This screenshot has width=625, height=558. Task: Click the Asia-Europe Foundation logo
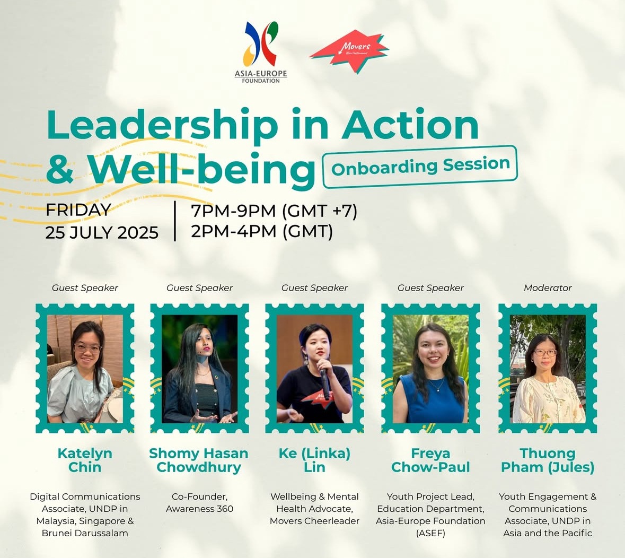pos(261,52)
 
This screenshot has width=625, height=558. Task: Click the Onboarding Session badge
pos(420,167)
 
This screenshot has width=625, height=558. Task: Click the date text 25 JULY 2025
pos(102,232)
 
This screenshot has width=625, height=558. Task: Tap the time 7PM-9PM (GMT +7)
pos(274,211)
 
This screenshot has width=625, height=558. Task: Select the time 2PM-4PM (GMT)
pos(262,231)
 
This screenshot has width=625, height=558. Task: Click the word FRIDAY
pos(78,210)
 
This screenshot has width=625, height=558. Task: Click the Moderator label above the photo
pos(548,287)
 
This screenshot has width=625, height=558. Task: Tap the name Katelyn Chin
pos(85,460)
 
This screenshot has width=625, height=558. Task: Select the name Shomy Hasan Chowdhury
pos(199,460)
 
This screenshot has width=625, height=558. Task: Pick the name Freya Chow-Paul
pos(430,460)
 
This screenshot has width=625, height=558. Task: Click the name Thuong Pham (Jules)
pos(548,460)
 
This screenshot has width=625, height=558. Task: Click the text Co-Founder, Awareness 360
pos(199,502)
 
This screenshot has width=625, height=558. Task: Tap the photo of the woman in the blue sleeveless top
pos(430,369)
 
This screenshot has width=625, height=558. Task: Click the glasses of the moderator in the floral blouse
pos(545,353)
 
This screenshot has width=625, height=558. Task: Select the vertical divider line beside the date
pos(175,221)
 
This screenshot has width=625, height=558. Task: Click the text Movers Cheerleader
pos(314,521)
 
